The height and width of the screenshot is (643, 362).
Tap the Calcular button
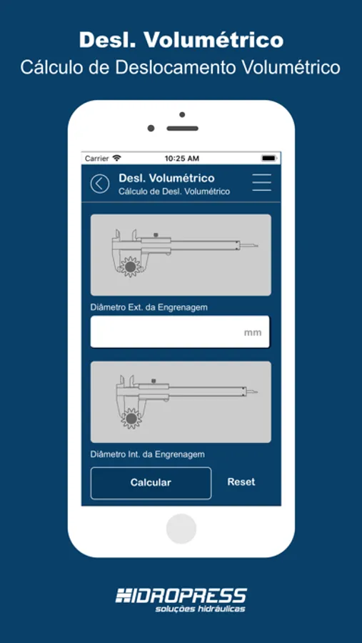pos(151,483)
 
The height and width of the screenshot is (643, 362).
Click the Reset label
pos(241,482)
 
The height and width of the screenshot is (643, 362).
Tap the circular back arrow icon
pos(100,184)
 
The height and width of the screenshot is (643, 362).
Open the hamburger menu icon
pos(261,182)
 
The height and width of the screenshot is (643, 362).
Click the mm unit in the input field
pos(253,332)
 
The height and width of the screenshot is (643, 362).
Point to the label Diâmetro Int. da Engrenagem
pos(148,454)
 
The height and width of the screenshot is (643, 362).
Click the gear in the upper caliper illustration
pos(131,267)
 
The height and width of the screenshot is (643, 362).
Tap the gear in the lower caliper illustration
pos(131,418)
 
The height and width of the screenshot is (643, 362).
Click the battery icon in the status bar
pos(269,158)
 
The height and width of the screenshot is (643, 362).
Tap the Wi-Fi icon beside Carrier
pos(117,158)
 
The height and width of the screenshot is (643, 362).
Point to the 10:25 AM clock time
pos(182,159)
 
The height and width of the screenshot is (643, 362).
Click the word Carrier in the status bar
pos(97,159)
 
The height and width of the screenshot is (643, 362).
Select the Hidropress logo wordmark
pos(181,595)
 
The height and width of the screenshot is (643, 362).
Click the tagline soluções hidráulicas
pos(200,609)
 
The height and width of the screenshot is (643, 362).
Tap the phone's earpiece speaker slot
pos(183,129)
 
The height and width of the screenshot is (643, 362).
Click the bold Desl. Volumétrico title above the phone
pos(181,40)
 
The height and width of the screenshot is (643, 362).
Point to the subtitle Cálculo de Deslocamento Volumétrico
pos(181,68)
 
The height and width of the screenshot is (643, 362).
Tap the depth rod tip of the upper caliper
pos(257,246)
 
